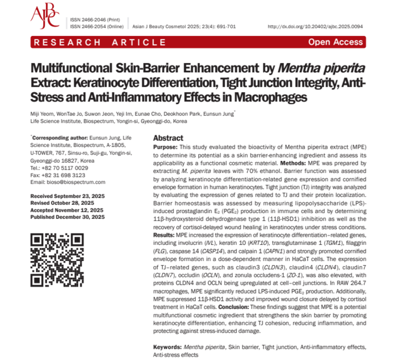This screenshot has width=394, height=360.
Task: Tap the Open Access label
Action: tap(335, 42)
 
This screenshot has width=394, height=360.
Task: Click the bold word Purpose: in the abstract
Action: tap(165, 148)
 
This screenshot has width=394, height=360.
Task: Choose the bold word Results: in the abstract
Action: tap(166, 236)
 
